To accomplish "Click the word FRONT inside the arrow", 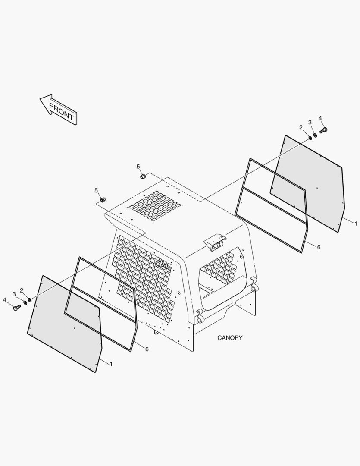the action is point(61,111).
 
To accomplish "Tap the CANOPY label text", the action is point(230,337).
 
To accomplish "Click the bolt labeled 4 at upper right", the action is point(323,130).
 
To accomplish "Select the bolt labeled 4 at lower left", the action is point(17,308).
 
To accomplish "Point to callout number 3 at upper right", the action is point(310,123).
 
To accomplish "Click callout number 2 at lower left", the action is point(22,290).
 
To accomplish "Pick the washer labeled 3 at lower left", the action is point(25,302).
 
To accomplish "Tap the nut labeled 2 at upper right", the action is point(310,138).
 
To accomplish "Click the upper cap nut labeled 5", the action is point(143,176).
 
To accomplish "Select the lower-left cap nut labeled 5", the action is point(103,200).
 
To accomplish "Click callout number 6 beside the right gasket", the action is point(319,247).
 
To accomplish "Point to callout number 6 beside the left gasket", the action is point(147,349).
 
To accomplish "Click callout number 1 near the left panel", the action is point(111,364).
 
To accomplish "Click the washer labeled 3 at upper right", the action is point(315,135).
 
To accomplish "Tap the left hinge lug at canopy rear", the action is point(200,317).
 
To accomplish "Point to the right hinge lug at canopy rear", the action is point(254,285).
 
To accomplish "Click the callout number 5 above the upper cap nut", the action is point(138,167).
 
